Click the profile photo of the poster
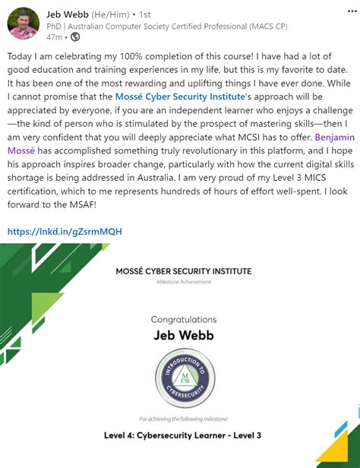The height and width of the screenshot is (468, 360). pos(24,24)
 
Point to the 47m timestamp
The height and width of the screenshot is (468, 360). pos(54,36)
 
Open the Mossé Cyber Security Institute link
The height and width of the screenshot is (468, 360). pos(180,96)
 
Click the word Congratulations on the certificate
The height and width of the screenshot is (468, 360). pos(183,320)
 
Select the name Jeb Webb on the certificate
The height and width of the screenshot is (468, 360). pos(183,337)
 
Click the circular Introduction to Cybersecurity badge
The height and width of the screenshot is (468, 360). pos(183,376)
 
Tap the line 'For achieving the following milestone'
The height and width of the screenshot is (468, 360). pos(183,419)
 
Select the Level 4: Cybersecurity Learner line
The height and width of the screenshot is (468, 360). pos(183,435)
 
